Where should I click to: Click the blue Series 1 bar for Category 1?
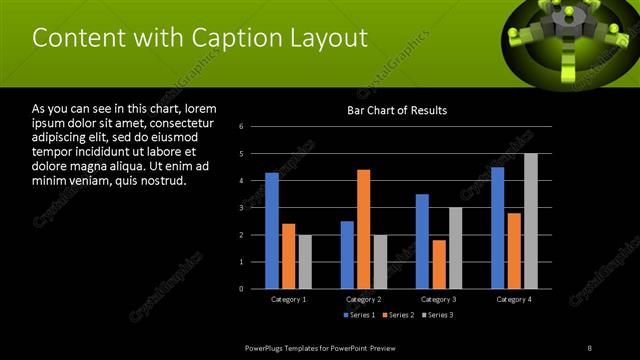pos(272,230)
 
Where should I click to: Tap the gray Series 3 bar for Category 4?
pos(530,221)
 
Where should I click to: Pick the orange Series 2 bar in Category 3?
pos(438,264)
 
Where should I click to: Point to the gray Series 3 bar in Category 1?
pos(305,262)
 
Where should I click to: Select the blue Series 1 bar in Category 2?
pos(347,255)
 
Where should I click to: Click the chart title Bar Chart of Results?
pos(397,110)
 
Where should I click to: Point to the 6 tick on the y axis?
pos(242,127)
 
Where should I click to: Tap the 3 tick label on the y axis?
pos(242,208)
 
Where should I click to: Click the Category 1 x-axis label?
pos(289,299)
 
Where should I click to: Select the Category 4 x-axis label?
pos(514,299)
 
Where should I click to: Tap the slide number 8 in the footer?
pos(590,347)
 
